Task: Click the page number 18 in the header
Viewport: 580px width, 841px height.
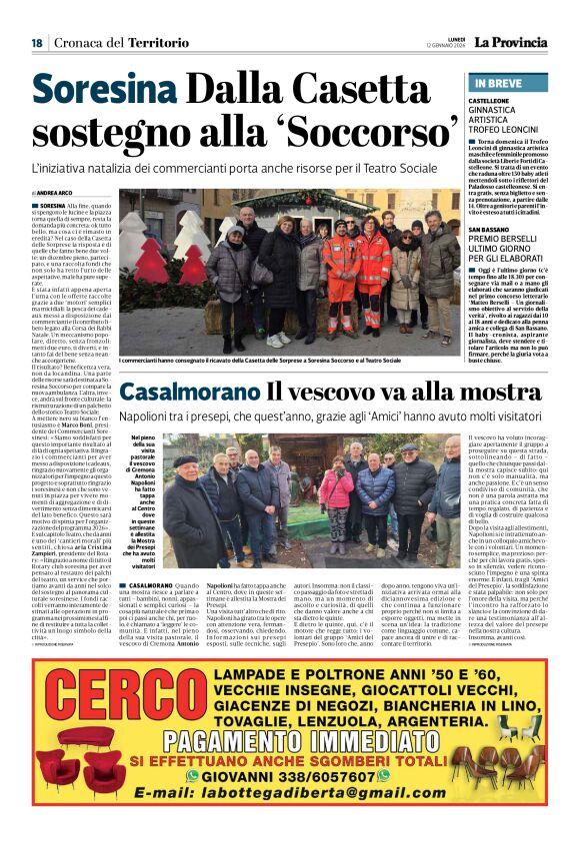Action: tap(37, 43)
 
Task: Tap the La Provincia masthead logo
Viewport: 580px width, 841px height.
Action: tap(510, 42)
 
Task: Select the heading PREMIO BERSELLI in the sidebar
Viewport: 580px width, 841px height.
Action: tap(506, 241)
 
